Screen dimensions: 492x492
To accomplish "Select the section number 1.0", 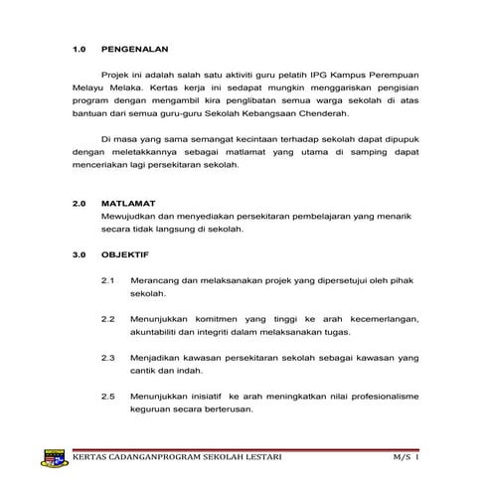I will [81, 47].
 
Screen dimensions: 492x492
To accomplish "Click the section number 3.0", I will [81, 254].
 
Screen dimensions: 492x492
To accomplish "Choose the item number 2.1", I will [109, 281].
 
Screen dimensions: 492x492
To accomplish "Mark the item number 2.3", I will [109, 356].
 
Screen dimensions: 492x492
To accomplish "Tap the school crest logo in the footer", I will [55, 458].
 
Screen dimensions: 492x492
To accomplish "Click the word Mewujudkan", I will [130, 216].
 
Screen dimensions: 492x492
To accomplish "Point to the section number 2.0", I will [81, 202].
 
